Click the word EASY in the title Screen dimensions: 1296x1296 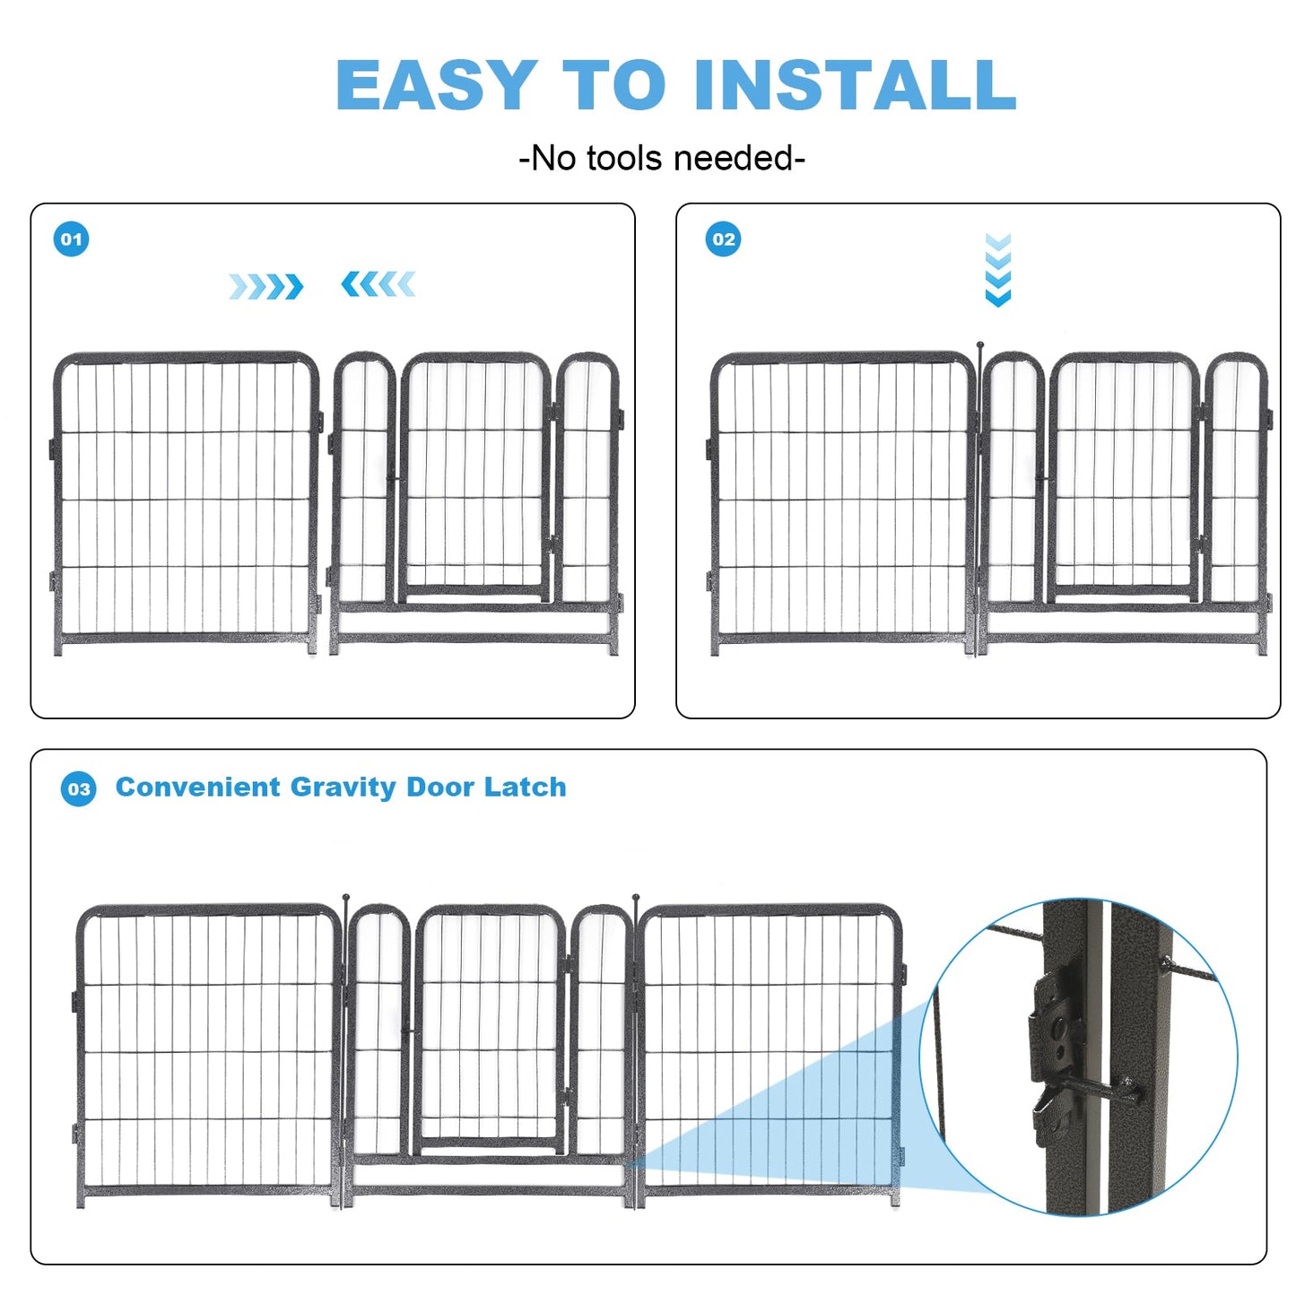tap(436, 85)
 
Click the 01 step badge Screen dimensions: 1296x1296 tap(72, 239)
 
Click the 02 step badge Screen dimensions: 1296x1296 tap(723, 239)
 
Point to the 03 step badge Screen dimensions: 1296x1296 tap(79, 789)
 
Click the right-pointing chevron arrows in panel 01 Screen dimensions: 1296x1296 tap(265, 287)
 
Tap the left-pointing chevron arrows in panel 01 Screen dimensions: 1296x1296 tap(378, 284)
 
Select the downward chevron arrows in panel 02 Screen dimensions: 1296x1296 tap(997, 270)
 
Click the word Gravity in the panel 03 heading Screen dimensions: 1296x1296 tap(343, 787)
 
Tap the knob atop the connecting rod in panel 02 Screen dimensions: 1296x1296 tap(980, 345)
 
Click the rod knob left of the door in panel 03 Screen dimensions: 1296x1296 tap(345, 897)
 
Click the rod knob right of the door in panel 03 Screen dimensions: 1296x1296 tap(636, 897)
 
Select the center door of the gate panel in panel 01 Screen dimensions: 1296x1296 tap(474, 475)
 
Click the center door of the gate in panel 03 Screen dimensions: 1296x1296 tap(490, 1027)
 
